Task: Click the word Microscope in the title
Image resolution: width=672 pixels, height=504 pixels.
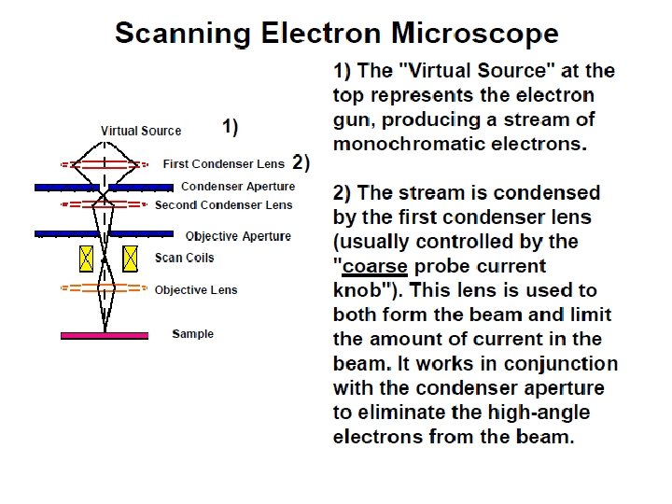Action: click(x=475, y=35)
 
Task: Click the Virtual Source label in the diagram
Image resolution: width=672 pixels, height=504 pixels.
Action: click(x=141, y=131)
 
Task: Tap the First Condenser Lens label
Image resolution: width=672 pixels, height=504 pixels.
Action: click(x=224, y=163)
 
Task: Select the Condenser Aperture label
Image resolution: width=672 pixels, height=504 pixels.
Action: click(x=238, y=187)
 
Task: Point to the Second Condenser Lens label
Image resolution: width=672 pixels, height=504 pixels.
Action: click(x=224, y=204)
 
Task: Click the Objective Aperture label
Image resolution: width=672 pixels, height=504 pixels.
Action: click(x=238, y=236)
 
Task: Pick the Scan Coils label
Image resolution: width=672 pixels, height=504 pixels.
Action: click(x=184, y=258)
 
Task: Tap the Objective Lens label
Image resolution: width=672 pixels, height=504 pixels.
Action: click(x=196, y=290)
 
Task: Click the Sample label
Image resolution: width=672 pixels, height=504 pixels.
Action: click(x=192, y=334)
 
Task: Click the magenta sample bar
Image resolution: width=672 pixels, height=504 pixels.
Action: click(x=104, y=334)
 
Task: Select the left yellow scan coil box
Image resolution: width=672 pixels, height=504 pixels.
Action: click(x=87, y=257)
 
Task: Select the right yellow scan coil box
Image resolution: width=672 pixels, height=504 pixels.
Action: click(x=131, y=257)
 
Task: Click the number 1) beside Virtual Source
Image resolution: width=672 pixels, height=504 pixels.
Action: click(x=230, y=125)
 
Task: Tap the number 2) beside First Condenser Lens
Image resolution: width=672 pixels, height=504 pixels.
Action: click(x=301, y=162)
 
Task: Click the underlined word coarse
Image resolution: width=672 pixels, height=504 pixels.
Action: click(x=374, y=266)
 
